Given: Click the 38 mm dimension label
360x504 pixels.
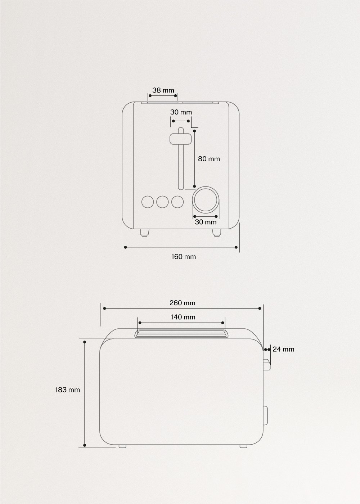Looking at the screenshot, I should (x=163, y=90).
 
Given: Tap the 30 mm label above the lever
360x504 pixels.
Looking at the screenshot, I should (x=181, y=112).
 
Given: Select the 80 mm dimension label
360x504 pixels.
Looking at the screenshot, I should (x=209, y=159).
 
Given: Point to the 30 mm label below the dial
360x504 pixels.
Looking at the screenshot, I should (x=206, y=222).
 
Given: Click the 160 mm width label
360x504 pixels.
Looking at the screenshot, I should (x=184, y=257).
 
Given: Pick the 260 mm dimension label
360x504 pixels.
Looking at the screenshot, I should (x=182, y=303).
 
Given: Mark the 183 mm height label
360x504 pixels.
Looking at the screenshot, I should (x=67, y=390).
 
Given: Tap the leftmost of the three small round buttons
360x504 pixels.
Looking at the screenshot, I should (x=148, y=202).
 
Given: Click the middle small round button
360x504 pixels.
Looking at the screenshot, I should (x=163, y=202).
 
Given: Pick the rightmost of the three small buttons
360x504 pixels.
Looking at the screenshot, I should (x=177, y=202).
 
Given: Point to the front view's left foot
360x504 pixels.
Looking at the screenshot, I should (x=144, y=233).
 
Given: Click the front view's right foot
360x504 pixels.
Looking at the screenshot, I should (x=216, y=233).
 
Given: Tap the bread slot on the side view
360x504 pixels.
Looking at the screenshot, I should (x=181, y=333).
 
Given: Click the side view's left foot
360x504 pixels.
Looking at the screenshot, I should (x=122, y=446).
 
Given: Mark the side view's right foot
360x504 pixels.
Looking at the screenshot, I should (x=243, y=446).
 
